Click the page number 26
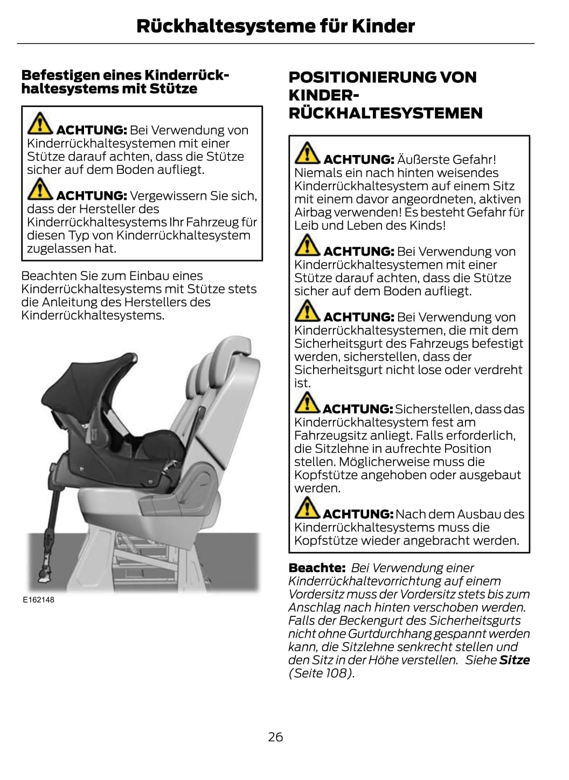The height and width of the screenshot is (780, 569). point(275,737)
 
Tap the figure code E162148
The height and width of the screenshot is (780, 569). point(39,600)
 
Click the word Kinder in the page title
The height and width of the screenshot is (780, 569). point(383,26)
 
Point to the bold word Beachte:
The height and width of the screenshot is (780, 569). point(317,567)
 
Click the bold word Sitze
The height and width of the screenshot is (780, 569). point(515,660)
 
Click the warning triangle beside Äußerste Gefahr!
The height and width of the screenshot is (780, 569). point(307,153)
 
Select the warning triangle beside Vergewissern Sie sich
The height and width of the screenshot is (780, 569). point(40,189)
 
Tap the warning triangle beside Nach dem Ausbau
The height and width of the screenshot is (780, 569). point(307,507)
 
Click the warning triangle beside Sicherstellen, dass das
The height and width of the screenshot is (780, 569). point(307,402)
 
